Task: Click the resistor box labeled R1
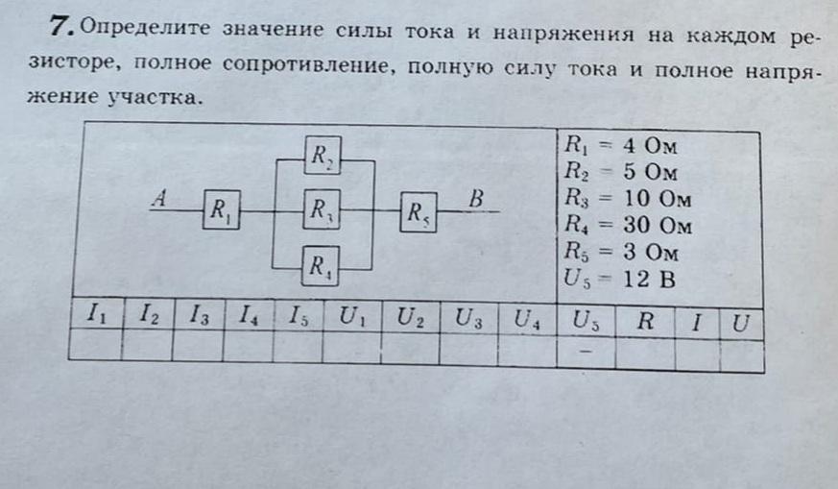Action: point(221,210)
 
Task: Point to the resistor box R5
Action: point(419,211)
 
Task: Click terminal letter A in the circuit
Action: point(161,199)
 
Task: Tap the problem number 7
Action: point(62,27)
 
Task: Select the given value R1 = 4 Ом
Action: point(620,147)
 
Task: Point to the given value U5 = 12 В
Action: point(620,280)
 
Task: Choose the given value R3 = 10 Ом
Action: point(626,200)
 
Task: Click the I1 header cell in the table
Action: point(96,313)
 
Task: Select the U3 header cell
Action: point(468,316)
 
